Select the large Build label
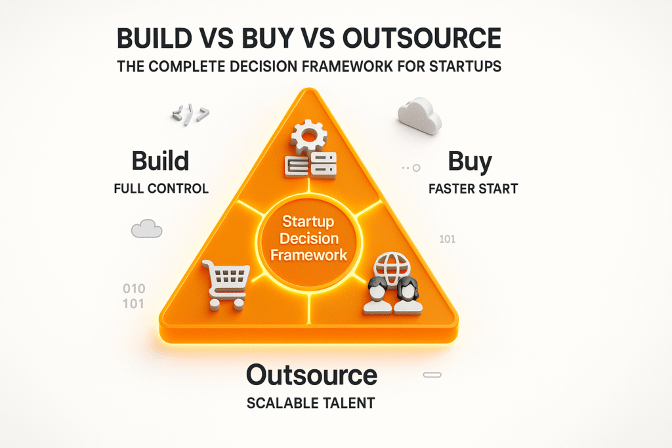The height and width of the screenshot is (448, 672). (x=160, y=161)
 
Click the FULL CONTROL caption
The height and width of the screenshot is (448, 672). (x=161, y=189)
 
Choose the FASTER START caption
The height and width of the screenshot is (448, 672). (x=473, y=189)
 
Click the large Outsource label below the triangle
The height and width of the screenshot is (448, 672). (x=311, y=375)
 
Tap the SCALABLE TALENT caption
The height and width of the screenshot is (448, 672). (x=311, y=403)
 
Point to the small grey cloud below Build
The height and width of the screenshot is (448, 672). (x=146, y=229)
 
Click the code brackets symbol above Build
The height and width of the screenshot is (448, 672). (x=190, y=115)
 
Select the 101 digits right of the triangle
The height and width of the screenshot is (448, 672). (x=447, y=239)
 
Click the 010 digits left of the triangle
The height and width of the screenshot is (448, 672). (x=134, y=289)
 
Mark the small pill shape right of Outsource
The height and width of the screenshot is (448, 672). (x=432, y=375)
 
